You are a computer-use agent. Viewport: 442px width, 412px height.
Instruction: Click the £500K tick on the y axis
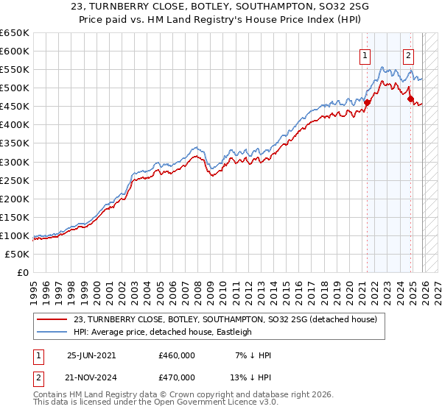point(14,88)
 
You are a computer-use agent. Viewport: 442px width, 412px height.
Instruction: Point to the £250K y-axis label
point(14,180)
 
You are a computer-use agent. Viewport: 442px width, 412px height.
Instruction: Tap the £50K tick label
point(17,254)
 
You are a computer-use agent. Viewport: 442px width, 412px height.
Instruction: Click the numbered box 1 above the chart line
point(365,54)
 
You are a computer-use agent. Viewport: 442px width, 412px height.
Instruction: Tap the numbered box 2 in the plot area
point(409,54)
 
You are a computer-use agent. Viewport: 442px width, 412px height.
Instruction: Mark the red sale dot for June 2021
point(367,102)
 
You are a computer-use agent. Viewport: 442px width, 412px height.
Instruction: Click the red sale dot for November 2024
point(411,99)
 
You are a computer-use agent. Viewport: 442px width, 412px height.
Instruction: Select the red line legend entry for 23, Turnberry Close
point(225,319)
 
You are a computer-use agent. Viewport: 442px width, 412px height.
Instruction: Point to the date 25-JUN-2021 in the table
point(91,355)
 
